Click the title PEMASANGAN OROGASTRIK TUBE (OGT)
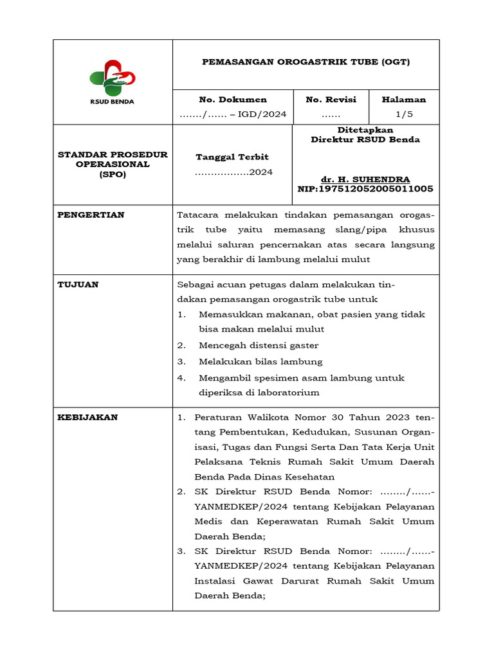click(x=306, y=62)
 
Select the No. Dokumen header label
click(x=233, y=100)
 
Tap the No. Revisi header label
click(x=331, y=100)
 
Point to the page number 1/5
click(x=404, y=114)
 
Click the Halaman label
click(x=404, y=100)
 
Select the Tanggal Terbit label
click(x=232, y=157)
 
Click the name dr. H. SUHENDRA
click(x=365, y=179)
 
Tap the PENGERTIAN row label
click(x=91, y=215)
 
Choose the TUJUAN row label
click(x=78, y=285)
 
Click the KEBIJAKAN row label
click(x=87, y=417)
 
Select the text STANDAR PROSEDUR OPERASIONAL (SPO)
click(x=113, y=164)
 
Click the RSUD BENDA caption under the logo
click(x=112, y=102)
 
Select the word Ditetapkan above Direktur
click(x=365, y=130)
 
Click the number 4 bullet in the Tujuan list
click(x=182, y=378)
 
